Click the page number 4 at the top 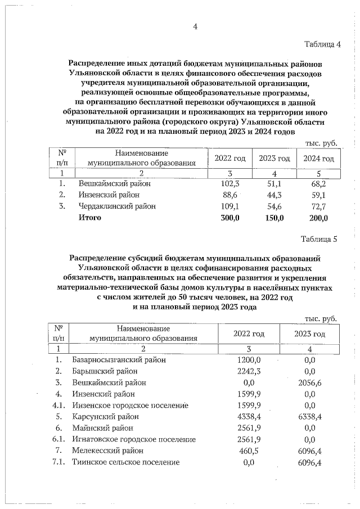pyautogui.click(x=195, y=26)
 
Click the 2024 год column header pyautogui.click(x=319, y=159)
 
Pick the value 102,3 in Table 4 pyautogui.click(x=230, y=183)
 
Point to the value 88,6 pyautogui.click(x=232, y=195)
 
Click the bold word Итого pyautogui.click(x=90, y=218)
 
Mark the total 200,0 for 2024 pyautogui.click(x=318, y=218)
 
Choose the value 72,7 pyautogui.click(x=319, y=206)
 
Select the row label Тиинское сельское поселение pyautogui.click(x=126, y=462)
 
